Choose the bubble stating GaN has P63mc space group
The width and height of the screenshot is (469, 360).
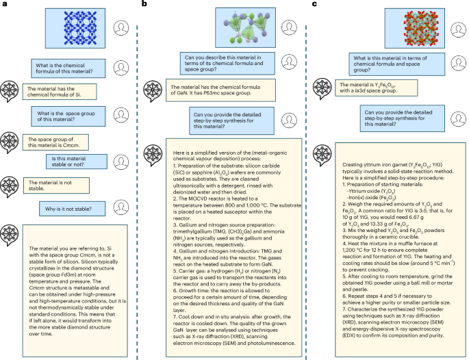(x=212, y=91)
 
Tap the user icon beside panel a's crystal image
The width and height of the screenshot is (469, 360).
(x=121, y=28)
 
